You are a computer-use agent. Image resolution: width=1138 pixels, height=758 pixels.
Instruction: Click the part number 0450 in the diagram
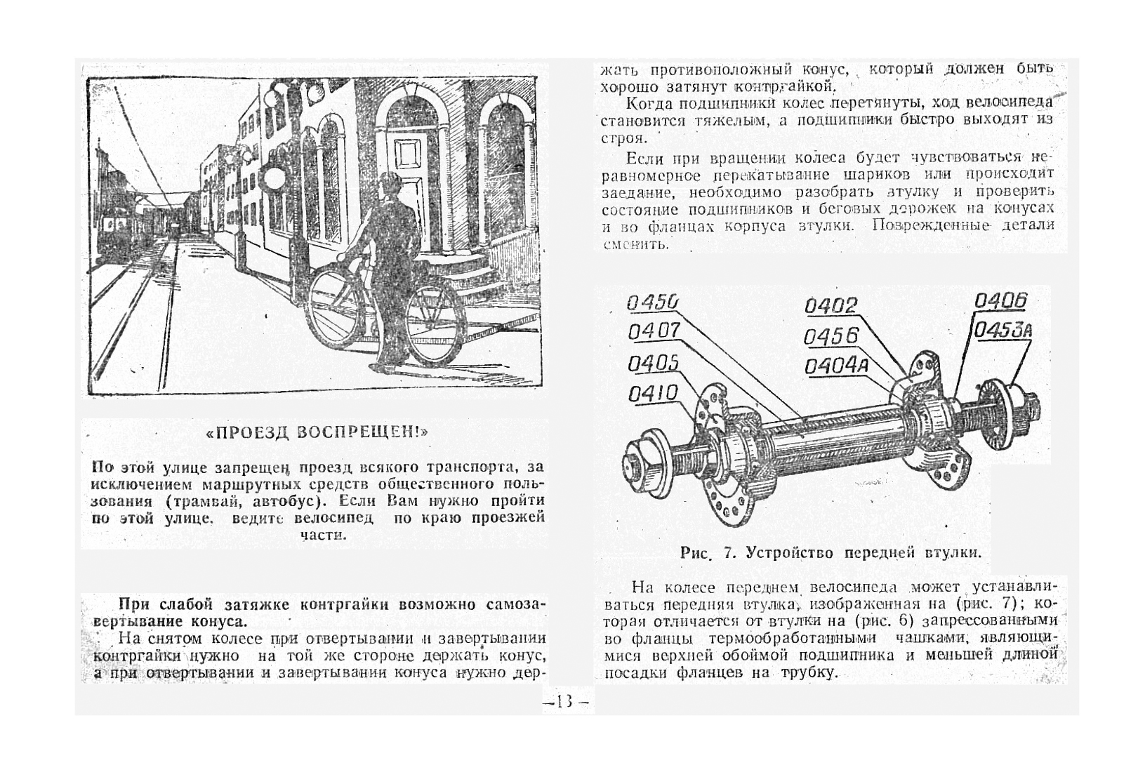[652, 302]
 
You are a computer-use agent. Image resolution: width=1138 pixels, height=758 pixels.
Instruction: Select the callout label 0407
[654, 331]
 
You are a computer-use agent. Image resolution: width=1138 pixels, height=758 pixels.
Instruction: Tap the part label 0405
[653, 364]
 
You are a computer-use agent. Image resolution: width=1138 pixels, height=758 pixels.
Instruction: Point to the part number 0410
[653, 394]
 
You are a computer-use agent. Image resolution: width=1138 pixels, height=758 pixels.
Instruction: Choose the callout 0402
[831, 306]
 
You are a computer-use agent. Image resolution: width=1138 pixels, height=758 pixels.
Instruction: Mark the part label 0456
[831, 337]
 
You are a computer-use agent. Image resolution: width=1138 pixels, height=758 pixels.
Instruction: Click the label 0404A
[836, 366]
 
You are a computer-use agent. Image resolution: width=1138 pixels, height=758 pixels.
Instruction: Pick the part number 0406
[1000, 302]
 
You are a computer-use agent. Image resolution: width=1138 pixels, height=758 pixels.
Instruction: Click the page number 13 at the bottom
[567, 701]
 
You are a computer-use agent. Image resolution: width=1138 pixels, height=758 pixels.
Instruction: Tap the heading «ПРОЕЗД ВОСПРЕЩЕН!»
[317, 432]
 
